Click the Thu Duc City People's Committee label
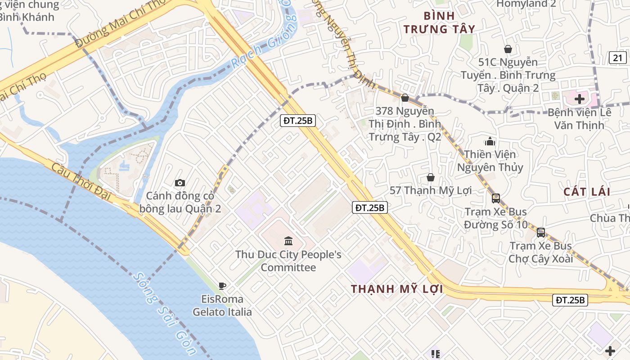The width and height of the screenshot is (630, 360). (x=288, y=261)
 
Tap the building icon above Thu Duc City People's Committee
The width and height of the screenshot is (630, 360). (x=288, y=241)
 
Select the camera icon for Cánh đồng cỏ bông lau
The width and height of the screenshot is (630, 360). (x=180, y=183)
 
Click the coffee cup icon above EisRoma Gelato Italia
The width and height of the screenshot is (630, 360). (x=222, y=285)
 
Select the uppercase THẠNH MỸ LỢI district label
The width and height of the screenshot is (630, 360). (x=397, y=289)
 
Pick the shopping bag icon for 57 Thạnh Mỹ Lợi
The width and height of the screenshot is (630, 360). (x=430, y=177)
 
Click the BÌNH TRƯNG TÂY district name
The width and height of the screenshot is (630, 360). (x=439, y=22)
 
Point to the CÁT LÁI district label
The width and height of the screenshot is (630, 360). (x=587, y=192)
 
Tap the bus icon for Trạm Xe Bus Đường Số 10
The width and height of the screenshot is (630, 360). (x=496, y=198)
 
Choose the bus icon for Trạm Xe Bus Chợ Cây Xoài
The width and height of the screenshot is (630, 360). (x=541, y=233)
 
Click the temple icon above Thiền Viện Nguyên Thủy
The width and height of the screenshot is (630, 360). (x=490, y=142)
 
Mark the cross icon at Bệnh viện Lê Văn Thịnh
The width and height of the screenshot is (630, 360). (x=580, y=99)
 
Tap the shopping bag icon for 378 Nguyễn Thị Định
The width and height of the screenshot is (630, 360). (x=405, y=98)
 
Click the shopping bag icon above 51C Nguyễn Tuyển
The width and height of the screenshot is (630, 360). (x=508, y=49)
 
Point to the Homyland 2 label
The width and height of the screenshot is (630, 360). (x=526, y=4)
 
